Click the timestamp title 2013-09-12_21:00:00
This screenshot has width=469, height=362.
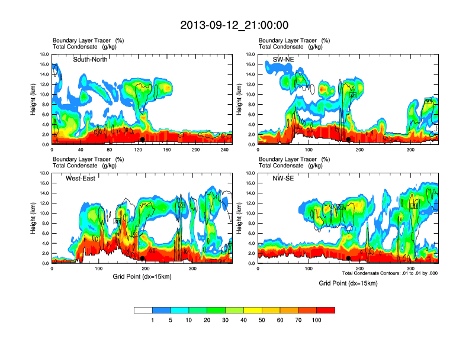pyautogui.click(x=234, y=25)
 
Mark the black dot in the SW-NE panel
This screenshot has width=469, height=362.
pyautogui.click(x=349, y=140)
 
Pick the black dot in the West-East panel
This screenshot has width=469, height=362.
pyautogui.click(x=143, y=258)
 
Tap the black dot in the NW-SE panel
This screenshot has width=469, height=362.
pyautogui.click(x=349, y=258)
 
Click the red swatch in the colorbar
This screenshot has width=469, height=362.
pyautogui.click(x=326, y=310)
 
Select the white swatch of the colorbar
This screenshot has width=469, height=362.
pyautogui.click(x=143, y=310)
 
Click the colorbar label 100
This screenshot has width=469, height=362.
pyautogui.click(x=317, y=320)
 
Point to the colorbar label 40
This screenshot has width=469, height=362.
pyautogui.click(x=243, y=320)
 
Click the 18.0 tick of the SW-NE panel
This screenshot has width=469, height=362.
pyautogui.click(x=251, y=54)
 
